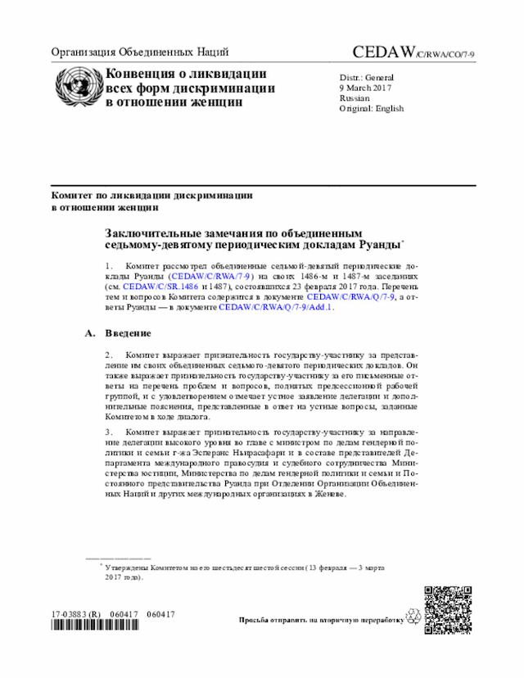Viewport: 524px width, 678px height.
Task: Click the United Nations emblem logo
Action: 77,87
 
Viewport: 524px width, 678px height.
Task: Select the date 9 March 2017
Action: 366,88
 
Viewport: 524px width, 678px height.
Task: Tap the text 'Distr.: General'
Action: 367,77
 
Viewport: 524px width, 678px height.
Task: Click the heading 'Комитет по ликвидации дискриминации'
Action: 151,196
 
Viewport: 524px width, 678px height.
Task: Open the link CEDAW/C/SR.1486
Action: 160,288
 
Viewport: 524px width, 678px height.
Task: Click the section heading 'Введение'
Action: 127,333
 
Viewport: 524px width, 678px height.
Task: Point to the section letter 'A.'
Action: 90,333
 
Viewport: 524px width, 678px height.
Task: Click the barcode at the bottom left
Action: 94,626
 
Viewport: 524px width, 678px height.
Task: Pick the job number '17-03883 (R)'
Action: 75,614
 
